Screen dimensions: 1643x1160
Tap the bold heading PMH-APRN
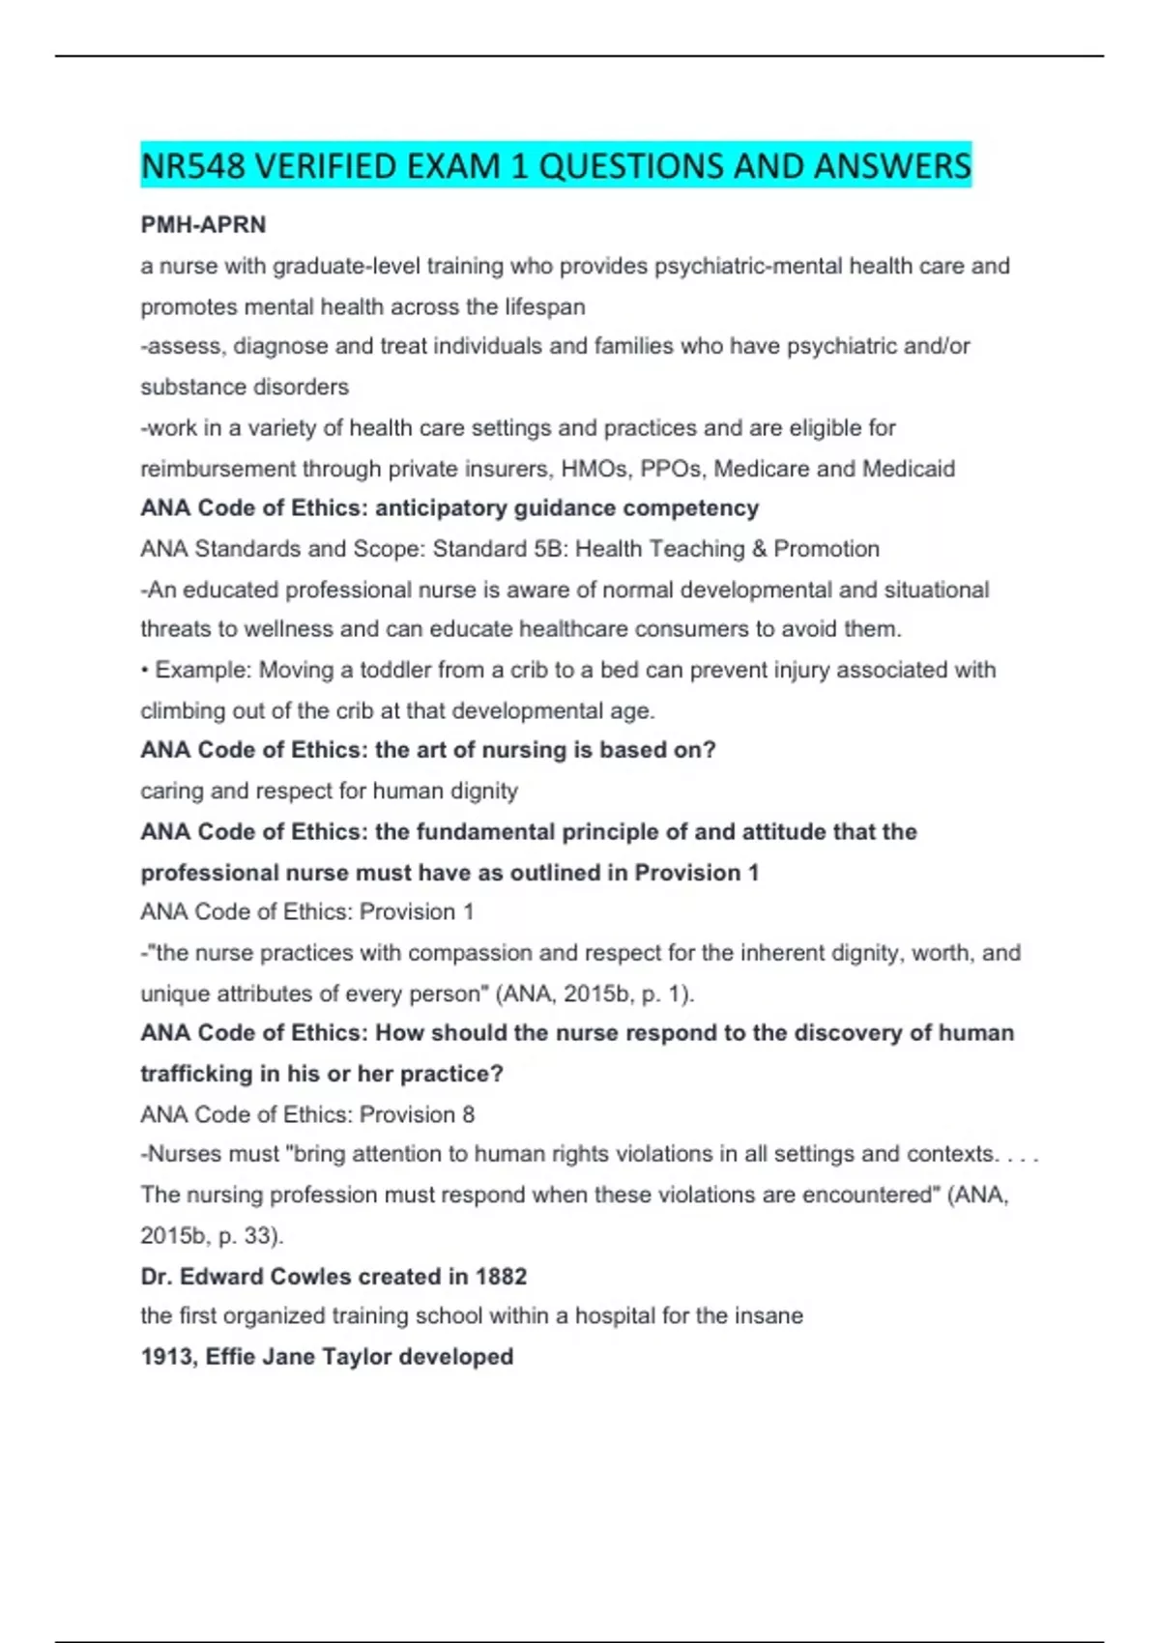point(203,224)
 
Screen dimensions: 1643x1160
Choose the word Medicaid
point(908,469)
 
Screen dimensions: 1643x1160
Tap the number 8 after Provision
point(468,1114)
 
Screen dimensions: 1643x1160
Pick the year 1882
point(501,1277)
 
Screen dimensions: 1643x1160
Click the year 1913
point(166,1357)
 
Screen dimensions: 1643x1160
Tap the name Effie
point(230,1357)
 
